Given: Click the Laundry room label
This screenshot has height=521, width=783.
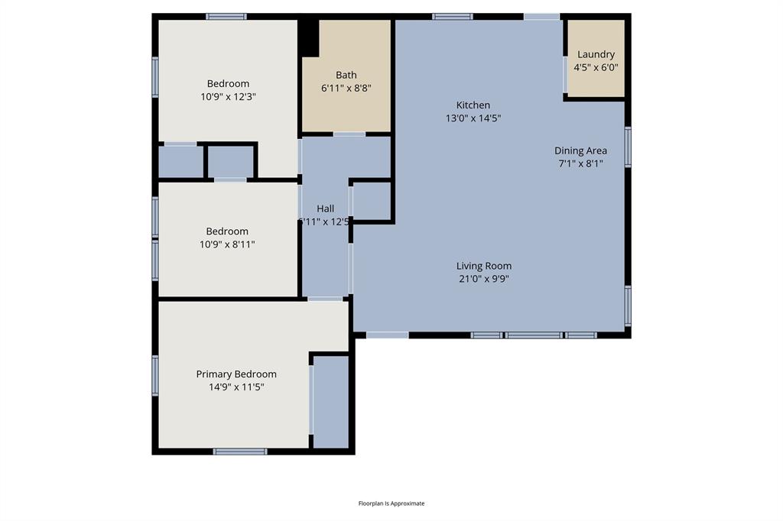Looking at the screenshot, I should (596, 54).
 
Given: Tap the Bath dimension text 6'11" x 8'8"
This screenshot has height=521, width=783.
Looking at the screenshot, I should (346, 88).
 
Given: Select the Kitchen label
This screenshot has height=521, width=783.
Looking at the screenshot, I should (473, 105).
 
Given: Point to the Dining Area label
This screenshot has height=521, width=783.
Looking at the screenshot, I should (580, 150).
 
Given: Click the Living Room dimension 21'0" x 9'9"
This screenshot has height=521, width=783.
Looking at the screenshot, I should (483, 279).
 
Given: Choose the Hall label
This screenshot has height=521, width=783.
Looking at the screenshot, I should (326, 209).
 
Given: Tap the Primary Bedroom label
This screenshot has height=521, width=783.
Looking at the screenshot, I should (236, 374).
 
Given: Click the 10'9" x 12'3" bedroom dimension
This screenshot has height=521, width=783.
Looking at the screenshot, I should (228, 97).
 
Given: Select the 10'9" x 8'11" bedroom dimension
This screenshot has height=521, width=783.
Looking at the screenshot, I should (227, 244).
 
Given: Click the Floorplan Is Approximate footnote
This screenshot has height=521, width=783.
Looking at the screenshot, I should (391, 503).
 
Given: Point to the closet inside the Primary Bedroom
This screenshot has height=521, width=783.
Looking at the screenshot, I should (331, 401).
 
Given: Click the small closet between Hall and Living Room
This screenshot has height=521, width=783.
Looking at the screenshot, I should (372, 200).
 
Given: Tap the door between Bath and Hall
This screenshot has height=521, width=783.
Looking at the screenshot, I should (349, 134).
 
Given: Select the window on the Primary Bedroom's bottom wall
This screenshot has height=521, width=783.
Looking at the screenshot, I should (240, 451).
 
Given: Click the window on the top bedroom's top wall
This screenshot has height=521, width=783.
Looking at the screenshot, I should (226, 16).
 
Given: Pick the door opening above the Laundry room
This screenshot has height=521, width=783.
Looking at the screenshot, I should (541, 16).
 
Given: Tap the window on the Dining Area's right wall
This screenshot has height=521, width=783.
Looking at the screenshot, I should (628, 147).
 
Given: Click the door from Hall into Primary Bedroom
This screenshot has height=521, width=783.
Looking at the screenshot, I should (326, 299).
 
